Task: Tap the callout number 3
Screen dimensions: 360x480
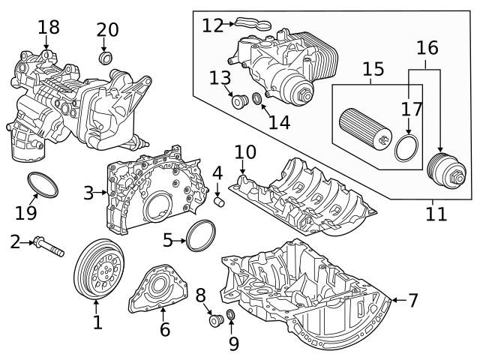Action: pos(89,193)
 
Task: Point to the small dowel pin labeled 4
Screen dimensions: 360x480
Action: pos(220,201)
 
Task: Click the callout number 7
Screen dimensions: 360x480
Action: pos(412,301)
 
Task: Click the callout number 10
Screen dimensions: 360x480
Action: pos(244,153)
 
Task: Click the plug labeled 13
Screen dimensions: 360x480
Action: pos(240,102)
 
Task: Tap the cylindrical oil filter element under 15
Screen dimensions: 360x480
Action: pos(364,128)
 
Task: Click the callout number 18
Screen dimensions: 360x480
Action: pos(49,28)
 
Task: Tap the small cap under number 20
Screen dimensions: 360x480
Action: pos(106,58)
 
